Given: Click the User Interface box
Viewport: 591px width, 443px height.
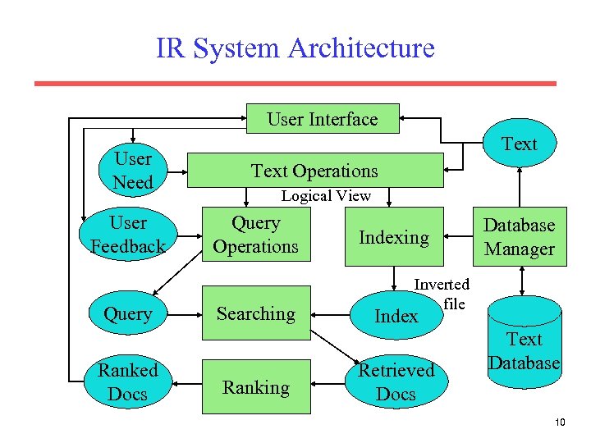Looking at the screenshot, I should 323,119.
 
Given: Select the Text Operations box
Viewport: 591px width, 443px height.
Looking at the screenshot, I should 315,171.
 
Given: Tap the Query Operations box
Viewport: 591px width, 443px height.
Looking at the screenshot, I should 256,235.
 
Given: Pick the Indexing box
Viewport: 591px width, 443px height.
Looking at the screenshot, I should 394,237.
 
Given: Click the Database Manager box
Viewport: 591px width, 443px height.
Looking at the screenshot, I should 519,237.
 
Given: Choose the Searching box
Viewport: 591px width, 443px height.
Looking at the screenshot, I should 256,313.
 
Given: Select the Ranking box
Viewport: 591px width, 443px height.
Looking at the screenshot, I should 256,387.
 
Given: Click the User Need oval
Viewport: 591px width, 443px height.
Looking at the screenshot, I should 133,171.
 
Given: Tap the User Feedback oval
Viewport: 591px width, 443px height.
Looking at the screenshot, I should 128,235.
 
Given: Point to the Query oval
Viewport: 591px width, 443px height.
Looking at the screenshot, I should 128,313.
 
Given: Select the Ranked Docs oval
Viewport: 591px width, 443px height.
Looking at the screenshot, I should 128,383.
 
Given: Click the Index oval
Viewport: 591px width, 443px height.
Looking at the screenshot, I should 396,316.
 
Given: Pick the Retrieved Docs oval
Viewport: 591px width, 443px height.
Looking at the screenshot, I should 396,382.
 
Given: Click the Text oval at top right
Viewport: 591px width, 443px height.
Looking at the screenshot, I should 519,144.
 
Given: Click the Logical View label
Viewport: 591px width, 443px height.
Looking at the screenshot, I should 326,196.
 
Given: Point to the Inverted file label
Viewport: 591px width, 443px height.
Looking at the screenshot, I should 443,294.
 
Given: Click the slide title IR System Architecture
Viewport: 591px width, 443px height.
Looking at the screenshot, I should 295,48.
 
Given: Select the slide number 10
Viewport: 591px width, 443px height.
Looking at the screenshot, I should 560,422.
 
